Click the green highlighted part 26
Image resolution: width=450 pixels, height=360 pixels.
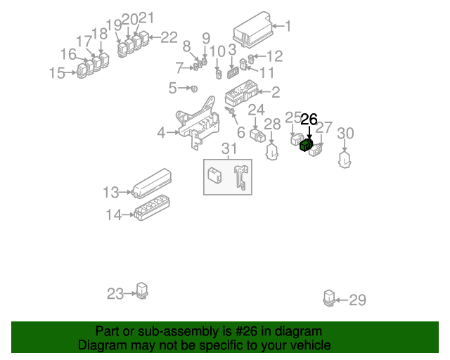[x=306, y=146]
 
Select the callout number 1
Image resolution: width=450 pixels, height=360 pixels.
[x=287, y=27]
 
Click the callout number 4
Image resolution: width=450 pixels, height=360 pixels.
[x=161, y=132]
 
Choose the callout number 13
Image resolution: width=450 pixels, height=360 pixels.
[x=111, y=192]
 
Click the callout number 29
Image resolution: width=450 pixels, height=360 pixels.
[x=358, y=301]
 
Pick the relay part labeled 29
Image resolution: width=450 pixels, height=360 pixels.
[x=329, y=297]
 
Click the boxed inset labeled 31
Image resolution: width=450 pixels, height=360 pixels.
[x=227, y=176]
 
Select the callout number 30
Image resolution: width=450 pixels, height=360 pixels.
[x=346, y=133]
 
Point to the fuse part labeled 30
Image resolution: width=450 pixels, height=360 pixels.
[x=345, y=159]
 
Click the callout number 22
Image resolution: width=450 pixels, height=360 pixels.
[x=169, y=37]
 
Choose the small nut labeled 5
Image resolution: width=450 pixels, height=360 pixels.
[x=194, y=89]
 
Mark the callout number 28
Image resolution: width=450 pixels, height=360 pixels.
[x=272, y=124]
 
